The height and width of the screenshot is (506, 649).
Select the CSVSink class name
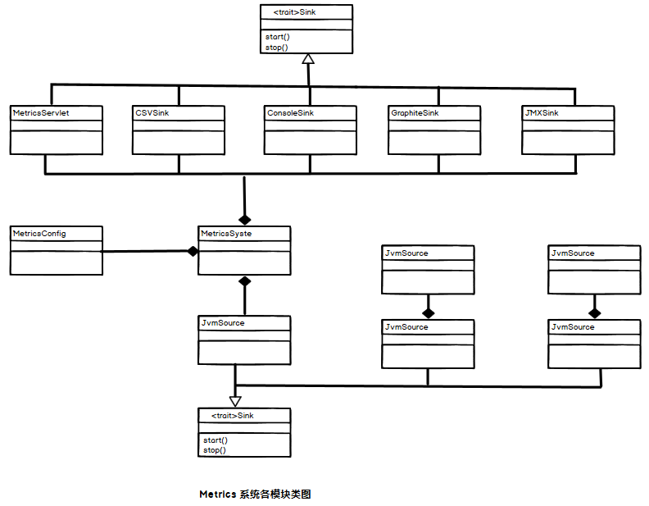click(x=152, y=113)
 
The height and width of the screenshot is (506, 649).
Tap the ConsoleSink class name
click(x=290, y=113)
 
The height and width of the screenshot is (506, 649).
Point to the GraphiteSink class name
click(x=415, y=113)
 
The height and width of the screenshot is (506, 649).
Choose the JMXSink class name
click(x=542, y=113)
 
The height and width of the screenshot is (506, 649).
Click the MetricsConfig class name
click(x=39, y=234)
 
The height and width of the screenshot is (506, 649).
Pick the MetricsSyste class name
click(x=227, y=234)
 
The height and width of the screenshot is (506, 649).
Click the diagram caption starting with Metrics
click(x=255, y=495)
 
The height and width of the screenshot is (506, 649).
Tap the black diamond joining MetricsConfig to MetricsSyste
click(x=193, y=251)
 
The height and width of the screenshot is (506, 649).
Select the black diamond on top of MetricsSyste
click(x=244, y=219)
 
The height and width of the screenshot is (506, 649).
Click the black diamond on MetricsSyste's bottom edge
click(x=244, y=281)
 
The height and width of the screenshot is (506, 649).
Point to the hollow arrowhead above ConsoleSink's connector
click(x=308, y=59)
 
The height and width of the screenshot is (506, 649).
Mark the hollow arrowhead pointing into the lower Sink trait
click(x=236, y=401)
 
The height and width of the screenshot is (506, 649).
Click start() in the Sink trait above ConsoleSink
click(x=278, y=37)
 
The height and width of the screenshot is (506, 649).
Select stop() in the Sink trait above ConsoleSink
click(x=277, y=48)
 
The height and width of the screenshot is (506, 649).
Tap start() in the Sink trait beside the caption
click(x=216, y=440)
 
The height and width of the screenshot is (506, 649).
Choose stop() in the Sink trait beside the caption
click(x=215, y=450)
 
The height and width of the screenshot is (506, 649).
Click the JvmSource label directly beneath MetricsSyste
click(x=223, y=323)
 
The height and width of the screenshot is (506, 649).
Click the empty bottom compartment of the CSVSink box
click(x=179, y=143)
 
